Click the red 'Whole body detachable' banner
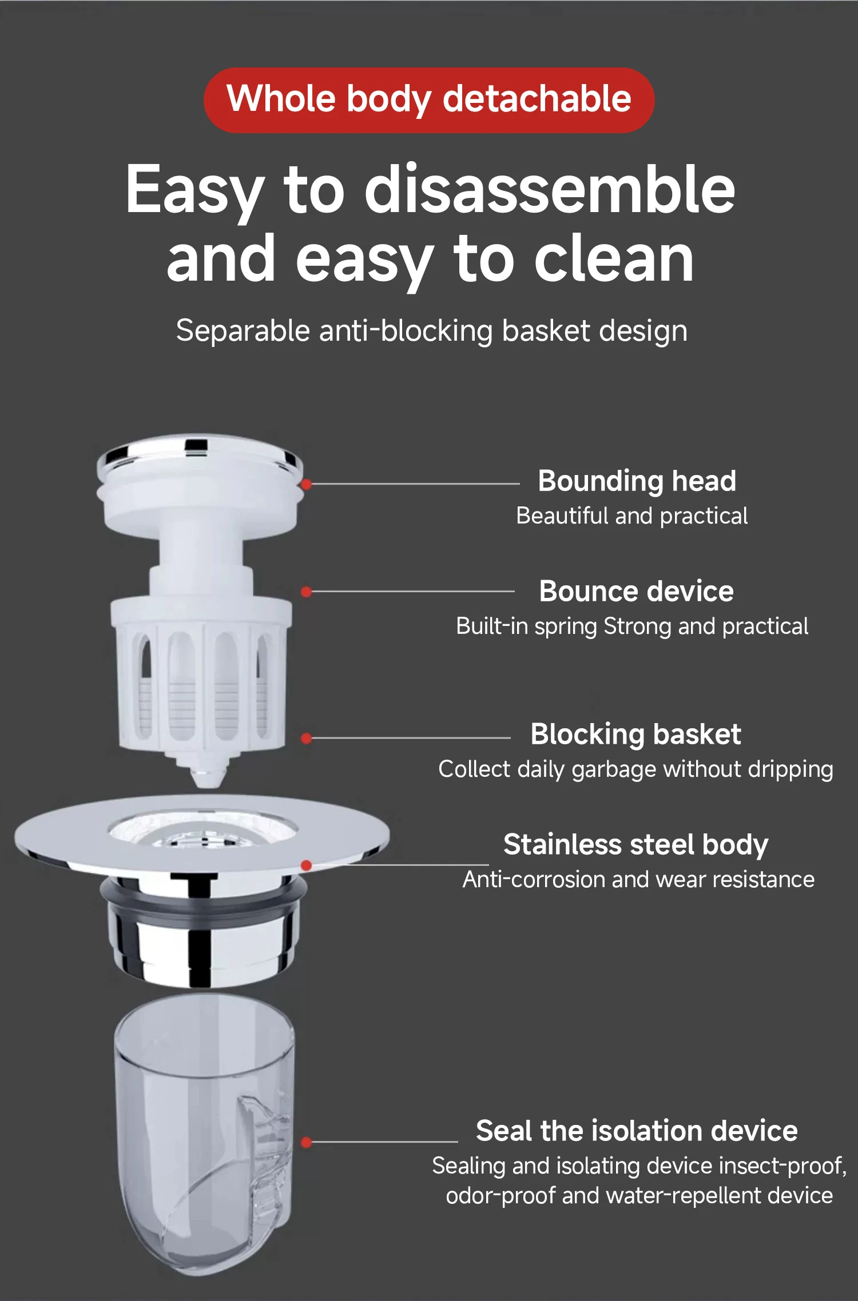click(x=429, y=100)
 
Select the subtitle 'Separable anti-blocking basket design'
click(x=432, y=332)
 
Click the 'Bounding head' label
click(x=637, y=481)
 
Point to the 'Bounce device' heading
click(x=636, y=591)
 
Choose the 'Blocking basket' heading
click(x=635, y=735)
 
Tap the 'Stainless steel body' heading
click(x=635, y=845)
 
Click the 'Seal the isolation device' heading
click(x=637, y=1131)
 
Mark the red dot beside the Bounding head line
click(x=307, y=485)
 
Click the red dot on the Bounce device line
click(x=307, y=592)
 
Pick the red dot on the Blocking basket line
click(x=307, y=739)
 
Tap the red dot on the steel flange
click(x=307, y=865)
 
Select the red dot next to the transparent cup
click(x=307, y=1142)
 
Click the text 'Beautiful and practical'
click(x=632, y=516)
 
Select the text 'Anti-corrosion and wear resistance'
click(x=638, y=880)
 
